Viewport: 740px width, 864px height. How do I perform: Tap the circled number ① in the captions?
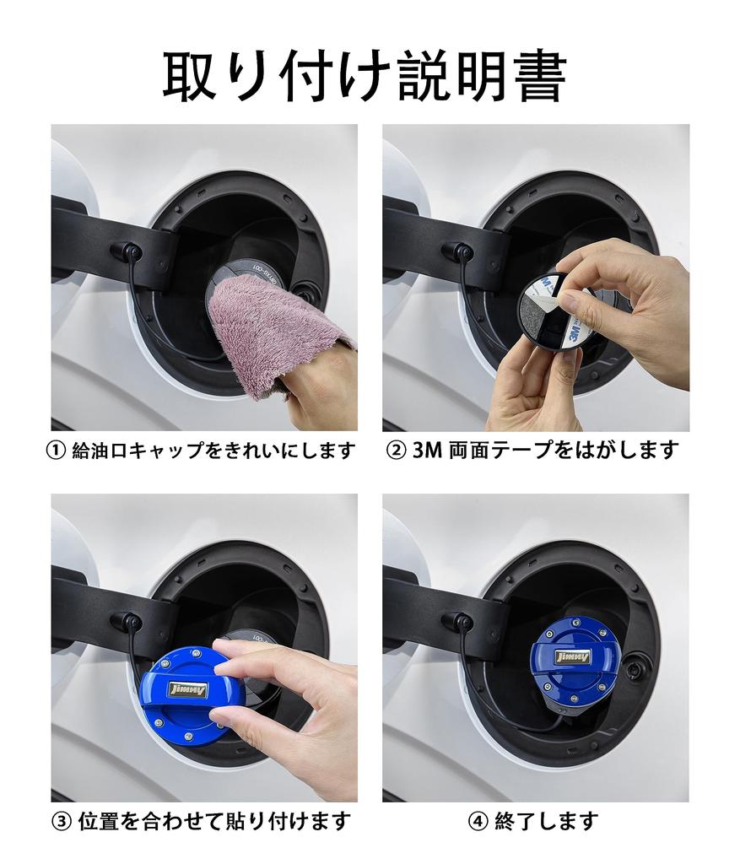pos(57,451)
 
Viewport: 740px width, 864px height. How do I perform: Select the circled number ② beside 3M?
pos(397,451)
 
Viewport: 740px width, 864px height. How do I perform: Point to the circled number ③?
pos(61,822)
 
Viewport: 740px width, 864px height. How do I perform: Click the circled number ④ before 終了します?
pos(478,822)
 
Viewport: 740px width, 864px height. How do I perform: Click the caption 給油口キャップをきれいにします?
pos(213,451)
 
